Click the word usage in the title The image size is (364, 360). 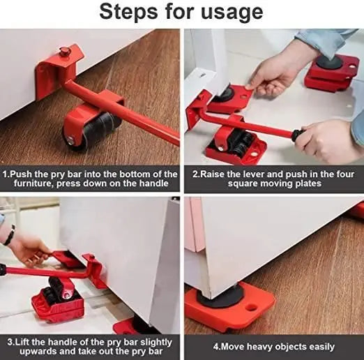233,12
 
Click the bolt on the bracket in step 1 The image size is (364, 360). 65,51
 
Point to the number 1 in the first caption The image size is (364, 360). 5,174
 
